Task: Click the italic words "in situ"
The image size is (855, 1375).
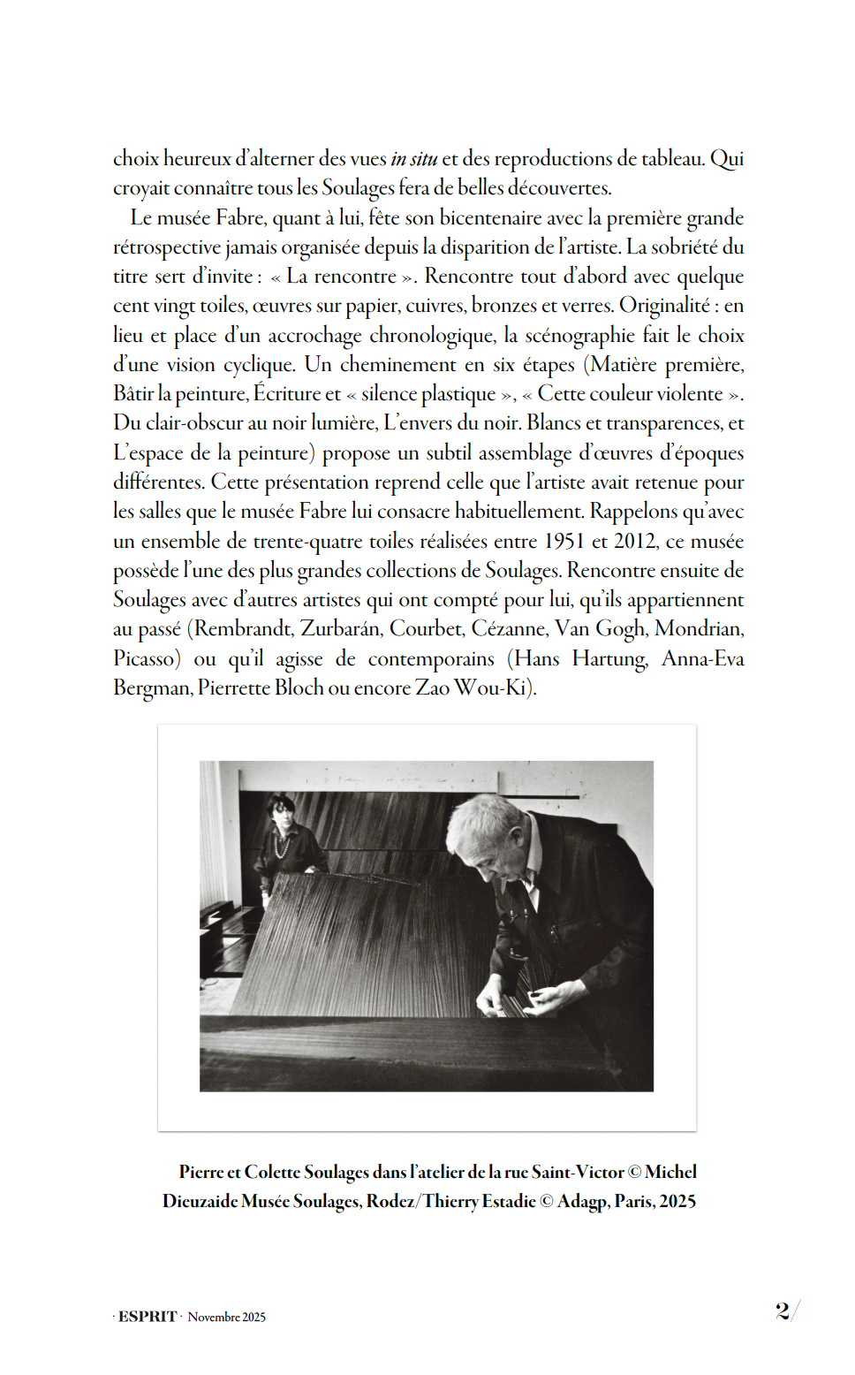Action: point(413,159)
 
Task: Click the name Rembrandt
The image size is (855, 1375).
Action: point(243,629)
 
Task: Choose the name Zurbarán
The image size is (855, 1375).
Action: point(340,629)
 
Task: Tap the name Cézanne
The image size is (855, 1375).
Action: point(508,629)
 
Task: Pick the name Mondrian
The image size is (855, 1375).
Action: point(699,629)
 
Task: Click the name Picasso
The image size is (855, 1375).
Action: point(147,659)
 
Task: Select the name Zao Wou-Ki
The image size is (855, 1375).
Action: point(472,688)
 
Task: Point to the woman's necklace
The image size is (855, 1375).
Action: point(284,847)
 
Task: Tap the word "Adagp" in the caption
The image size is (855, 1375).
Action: point(583,1202)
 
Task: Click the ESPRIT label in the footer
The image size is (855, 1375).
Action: point(148,1317)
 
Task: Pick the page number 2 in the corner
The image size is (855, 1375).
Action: point(783,1310)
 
